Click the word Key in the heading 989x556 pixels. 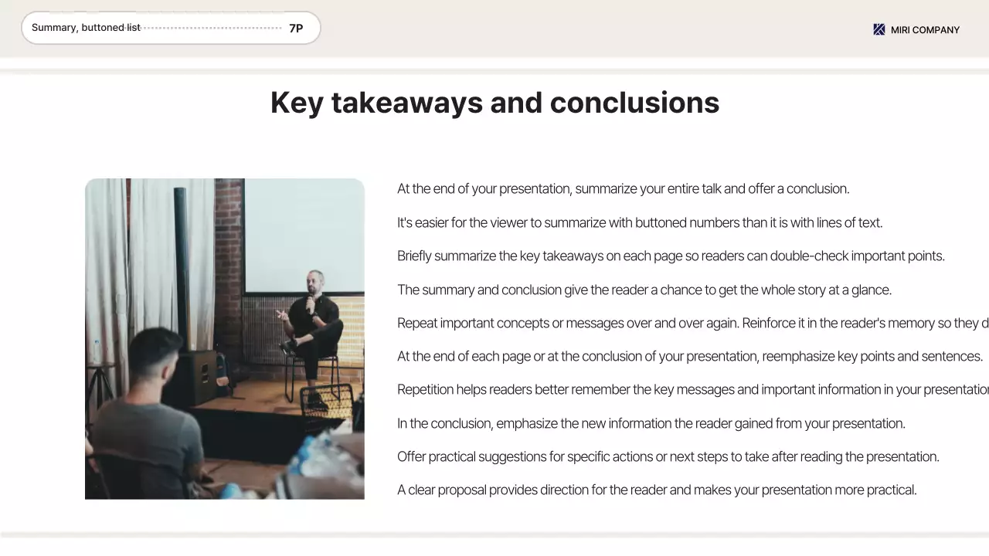click(x=297, y=103)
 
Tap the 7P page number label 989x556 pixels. click(x=296, y=29)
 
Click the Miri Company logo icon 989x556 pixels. click(x=879, y=29)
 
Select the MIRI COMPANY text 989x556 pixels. click(x=925, y=30)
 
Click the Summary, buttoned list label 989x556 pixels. click(x=86, y=28)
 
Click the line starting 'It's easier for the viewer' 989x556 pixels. click(x=639, y=222)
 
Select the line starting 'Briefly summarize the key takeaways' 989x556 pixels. click(x=670, y=256)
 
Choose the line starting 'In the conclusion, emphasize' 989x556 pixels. click(x=651, y=423)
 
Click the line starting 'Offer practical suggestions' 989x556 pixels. click(x=668, y=456)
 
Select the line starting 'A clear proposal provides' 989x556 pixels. click(x=656, y=490)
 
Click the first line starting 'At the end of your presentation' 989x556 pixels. click(x=623, y=189)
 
